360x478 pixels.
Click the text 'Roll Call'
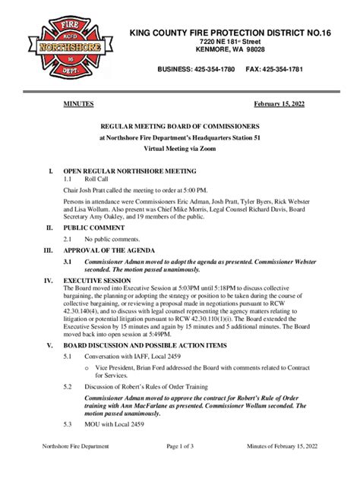[x=99, y=179]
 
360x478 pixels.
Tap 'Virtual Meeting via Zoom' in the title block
[x=179, y=151]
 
